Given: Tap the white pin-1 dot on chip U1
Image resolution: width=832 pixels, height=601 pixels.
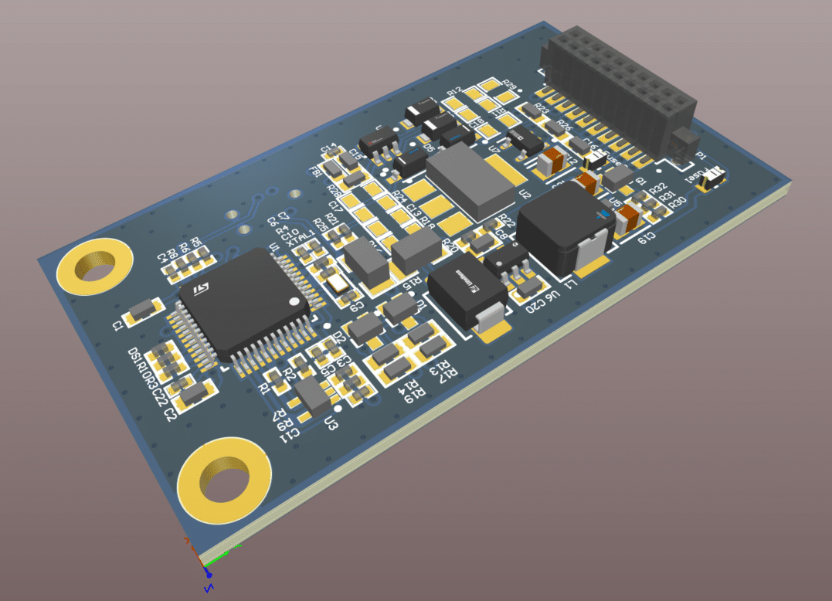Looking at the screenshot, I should [293, 300].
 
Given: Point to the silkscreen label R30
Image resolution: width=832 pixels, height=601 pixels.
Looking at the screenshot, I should [677, 204].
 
